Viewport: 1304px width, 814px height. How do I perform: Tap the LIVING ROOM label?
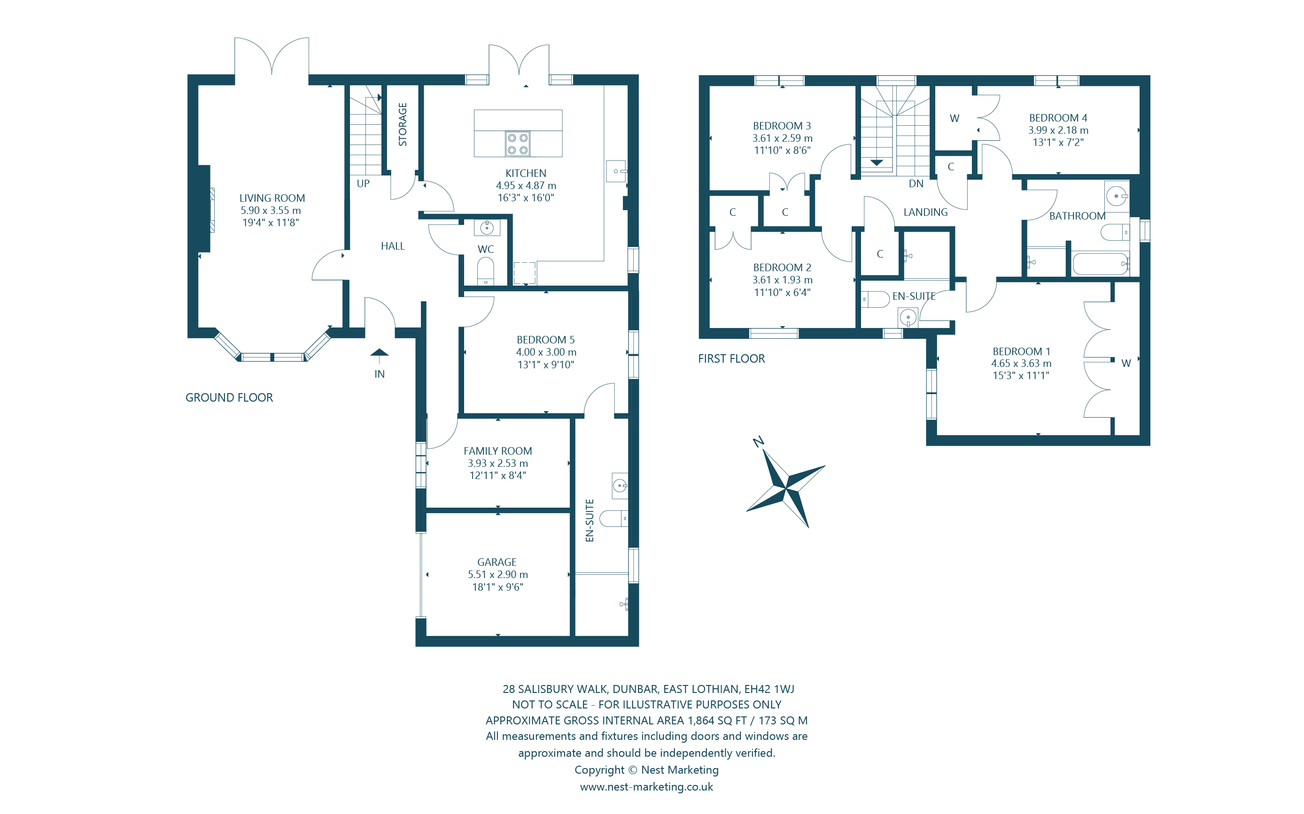point(272,198)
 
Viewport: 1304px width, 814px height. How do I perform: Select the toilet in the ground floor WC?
point(486,271)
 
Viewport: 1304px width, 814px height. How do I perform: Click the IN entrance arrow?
point(380,354)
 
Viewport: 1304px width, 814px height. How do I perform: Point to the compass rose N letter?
point(758,442)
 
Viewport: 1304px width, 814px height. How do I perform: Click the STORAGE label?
point(403,124)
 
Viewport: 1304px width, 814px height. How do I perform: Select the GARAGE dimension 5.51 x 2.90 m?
point(497,574)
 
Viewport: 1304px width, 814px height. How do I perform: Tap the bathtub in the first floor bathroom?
point(1100,264)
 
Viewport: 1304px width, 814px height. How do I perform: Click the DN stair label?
point(916,183)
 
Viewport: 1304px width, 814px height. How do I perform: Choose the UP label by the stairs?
point(363,183)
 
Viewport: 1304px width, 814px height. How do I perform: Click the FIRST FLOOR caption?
point(731,358)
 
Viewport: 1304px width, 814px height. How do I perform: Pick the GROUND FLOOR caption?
point(229,397)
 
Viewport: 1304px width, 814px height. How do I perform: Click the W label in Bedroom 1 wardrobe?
point(1125,364)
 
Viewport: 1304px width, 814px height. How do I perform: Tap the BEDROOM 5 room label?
point(545,340)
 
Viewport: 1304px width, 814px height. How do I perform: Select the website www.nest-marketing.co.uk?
point(646,786)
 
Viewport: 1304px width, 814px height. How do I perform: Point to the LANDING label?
point(925,212)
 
